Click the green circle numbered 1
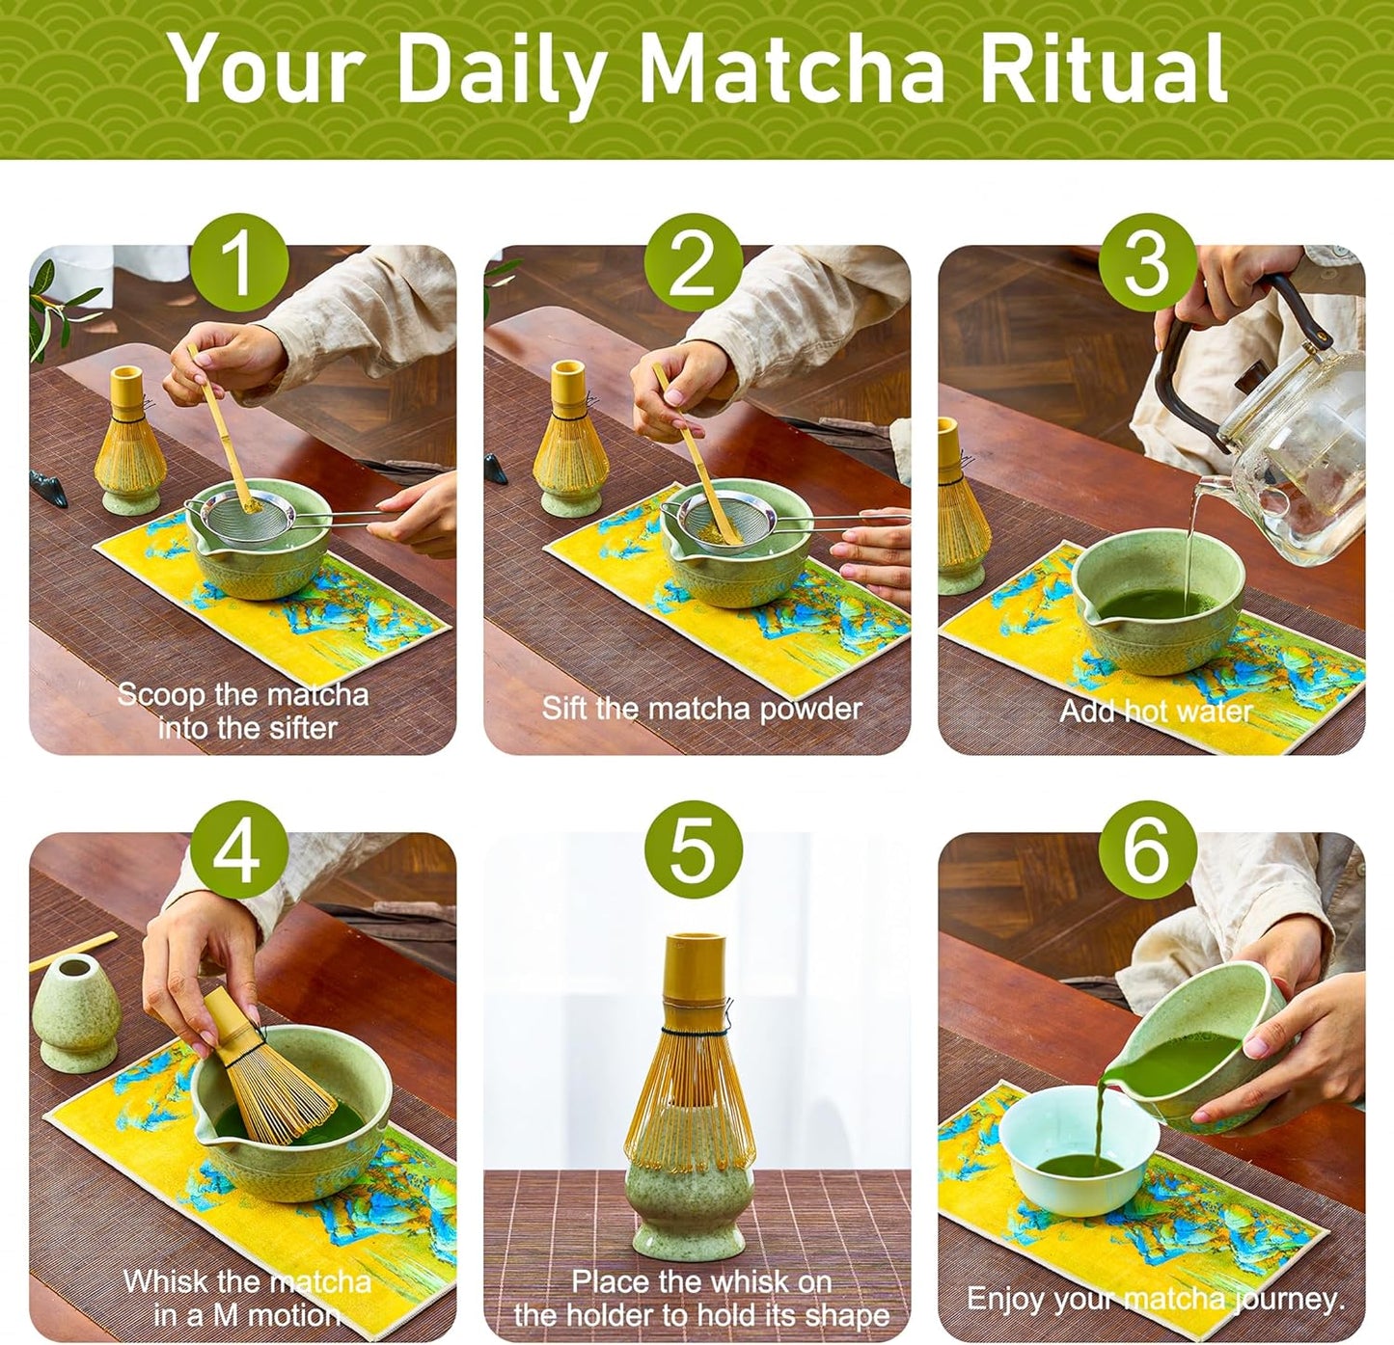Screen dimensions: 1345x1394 238,262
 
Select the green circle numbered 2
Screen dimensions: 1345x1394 693,262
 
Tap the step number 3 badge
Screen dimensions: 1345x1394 1147,262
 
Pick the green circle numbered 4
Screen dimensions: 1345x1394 238,850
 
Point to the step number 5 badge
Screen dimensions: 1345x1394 693,850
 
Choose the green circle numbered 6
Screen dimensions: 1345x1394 1147,850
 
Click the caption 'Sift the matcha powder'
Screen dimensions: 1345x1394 701,709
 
